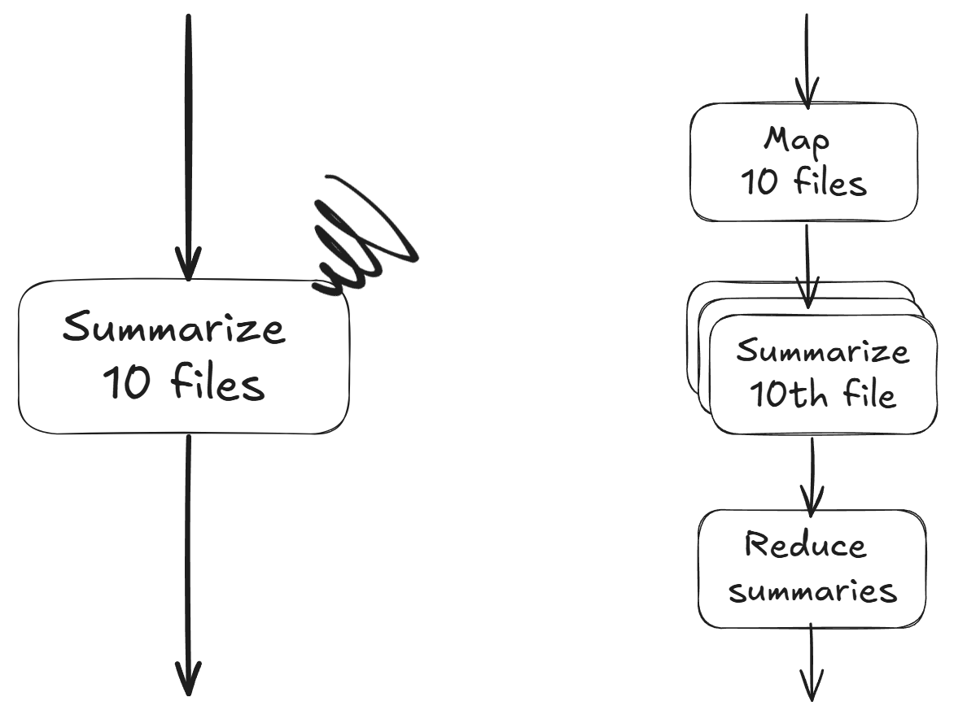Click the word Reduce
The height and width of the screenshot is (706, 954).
pos(807,545)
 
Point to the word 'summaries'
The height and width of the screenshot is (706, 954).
pos(812,591)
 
